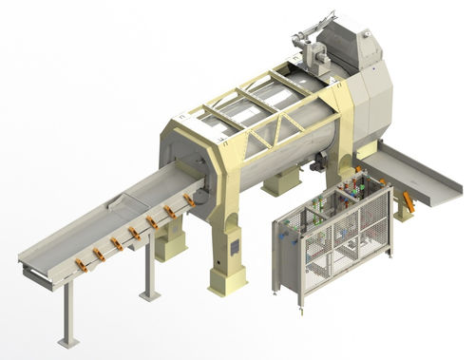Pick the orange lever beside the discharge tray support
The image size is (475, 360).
(x=409, y=202)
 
